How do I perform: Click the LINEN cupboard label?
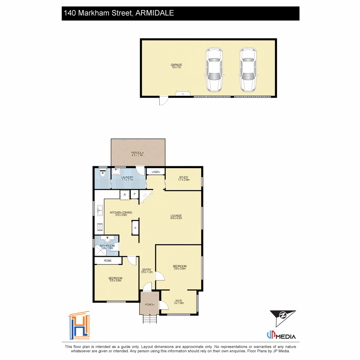pyautogui.click(x=155, y=172)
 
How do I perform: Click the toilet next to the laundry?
pyautogui.click(x=103, y=174)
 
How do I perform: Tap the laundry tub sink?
pyautogui.click(x=116, y=172)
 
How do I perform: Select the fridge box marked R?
pyautogui.click(x=125, y=195)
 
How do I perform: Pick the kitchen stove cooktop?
pyautogui.click(x=100, y=227)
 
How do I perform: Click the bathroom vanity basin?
pyautogui.click(x=107, y=239)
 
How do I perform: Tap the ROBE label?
pyautogui.click(x=108, y=261)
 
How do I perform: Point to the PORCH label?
pyautogui.click(x=149, y=305)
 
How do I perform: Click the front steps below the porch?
pyautogui.click(x=150, y=319)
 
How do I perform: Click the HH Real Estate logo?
pyautogui.click(x=79, y=326)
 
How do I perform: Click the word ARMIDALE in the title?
pyautogui.click(x=154, y=13)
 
